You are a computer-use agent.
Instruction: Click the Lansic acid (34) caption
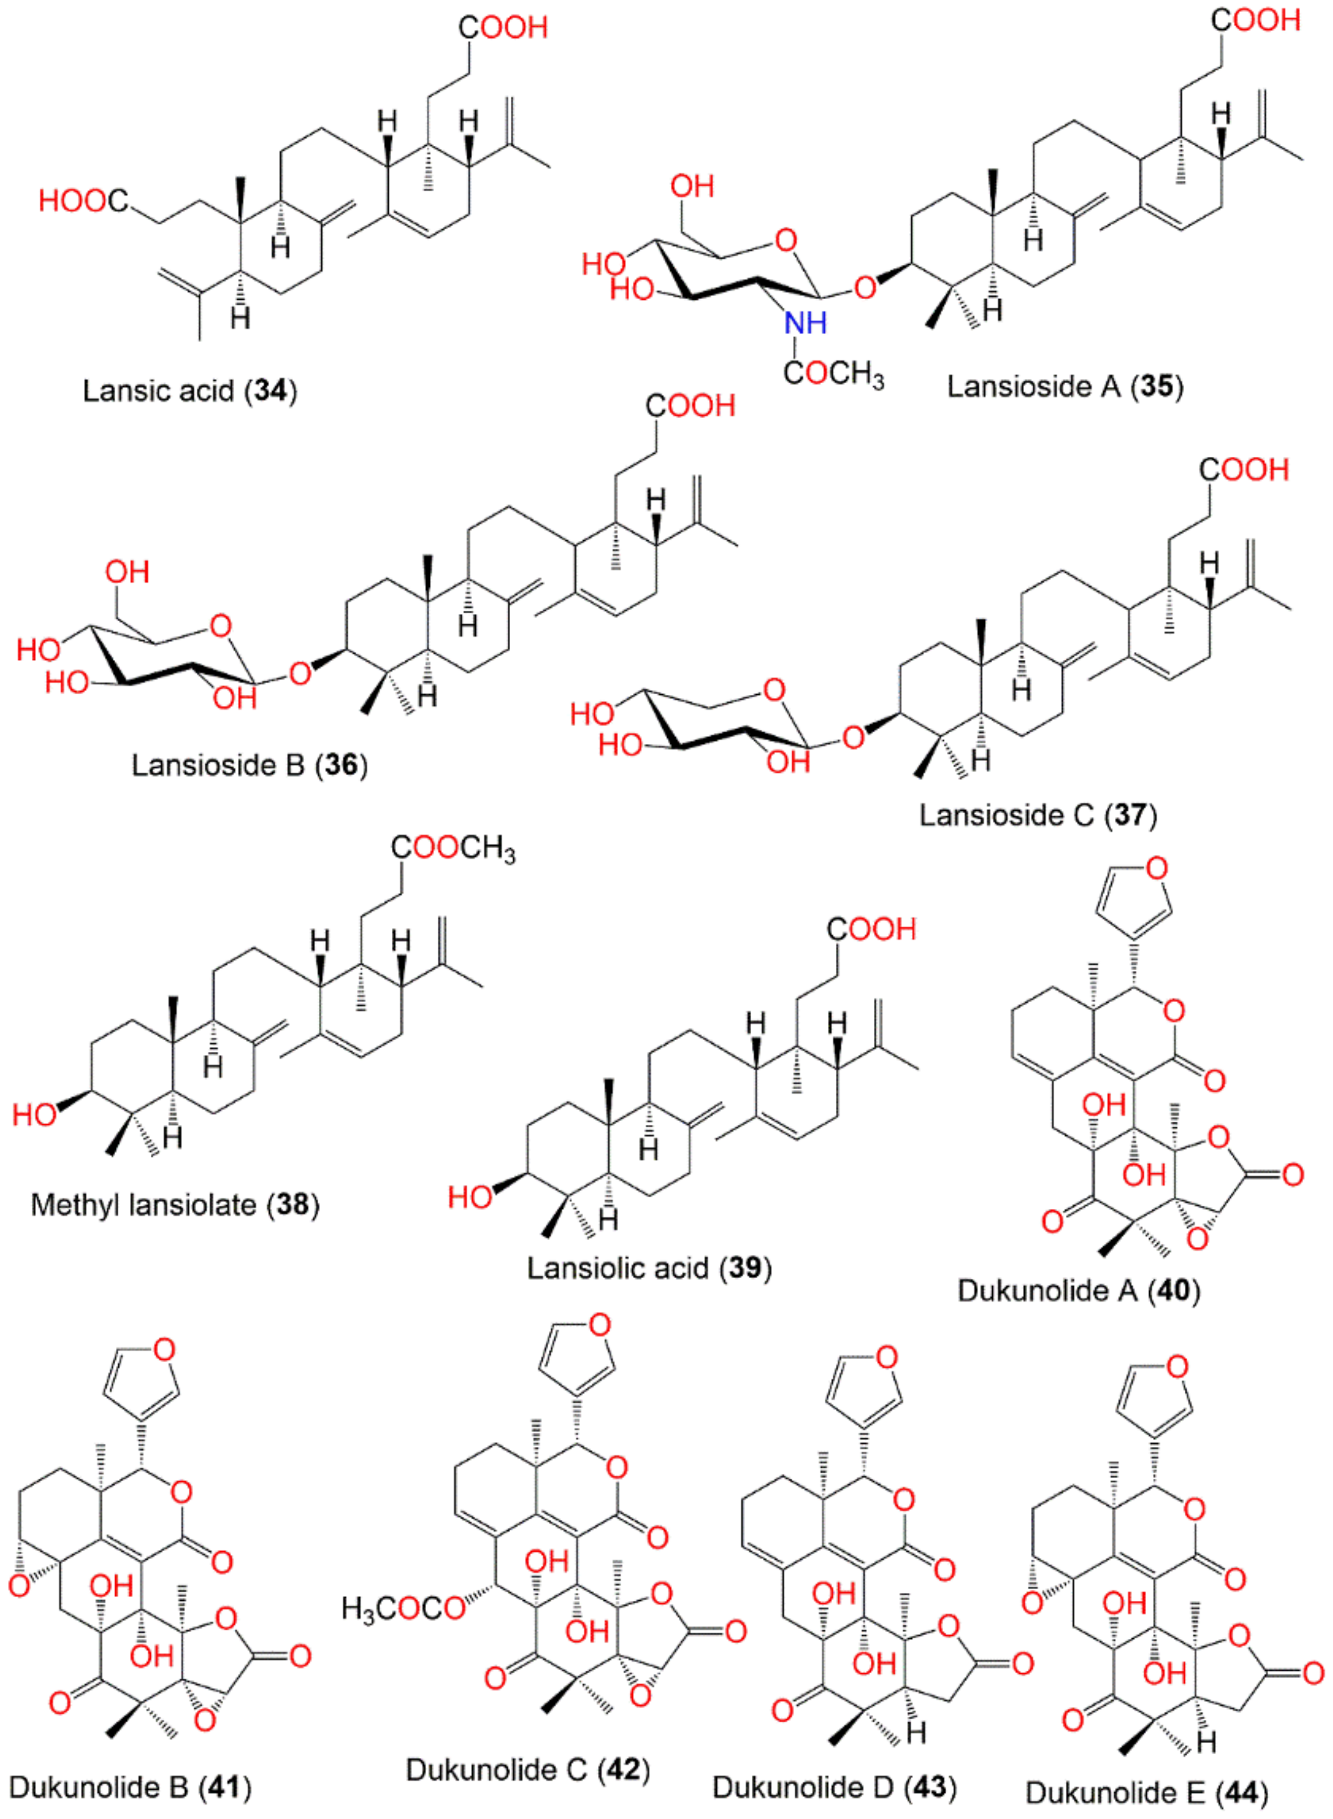pyautogui.click(x=189, y=391)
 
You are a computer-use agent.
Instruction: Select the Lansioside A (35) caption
pyautogui.click(x=1065, y=386)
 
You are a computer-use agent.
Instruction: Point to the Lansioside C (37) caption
pyautogui.click(x=1038, y=815)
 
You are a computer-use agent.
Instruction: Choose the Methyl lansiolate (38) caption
pyautogui.click(x=175, y=1205)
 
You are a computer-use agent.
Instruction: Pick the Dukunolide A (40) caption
pyautogui.click(x=1079, y=1291)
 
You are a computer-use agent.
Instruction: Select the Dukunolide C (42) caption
pyautogui.click(x=528, y=1770)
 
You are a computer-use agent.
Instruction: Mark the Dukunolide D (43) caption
pyautogui.click(x=834, y=1787)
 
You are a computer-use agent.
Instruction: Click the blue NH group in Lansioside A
pyautogui.click(x=805, y=323)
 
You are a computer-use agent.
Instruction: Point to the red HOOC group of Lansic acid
pyautogui.click(x=83, y=201)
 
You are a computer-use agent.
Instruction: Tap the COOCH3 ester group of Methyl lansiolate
pyautogui.click(x=453, y=848)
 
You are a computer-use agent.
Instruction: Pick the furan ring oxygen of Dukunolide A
pyautogui.click(x=1156, y=869)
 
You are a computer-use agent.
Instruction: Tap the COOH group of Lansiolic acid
pyautogui.click(x=871, y=929)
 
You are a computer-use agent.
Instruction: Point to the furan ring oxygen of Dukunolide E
pyautogui.click(x=1177, y=1367)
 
